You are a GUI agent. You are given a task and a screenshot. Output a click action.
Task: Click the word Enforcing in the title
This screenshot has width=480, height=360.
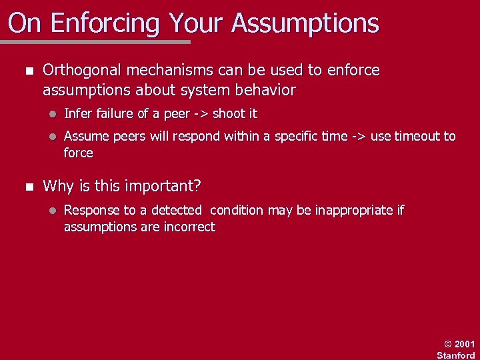coord(106,23)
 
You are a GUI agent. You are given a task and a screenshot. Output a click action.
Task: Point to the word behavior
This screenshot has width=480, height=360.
coord(263,89)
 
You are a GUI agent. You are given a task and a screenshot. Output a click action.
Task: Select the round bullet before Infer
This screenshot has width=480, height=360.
coord(51,114)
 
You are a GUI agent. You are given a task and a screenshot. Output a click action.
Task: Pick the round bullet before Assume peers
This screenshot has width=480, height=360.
coord(51,137)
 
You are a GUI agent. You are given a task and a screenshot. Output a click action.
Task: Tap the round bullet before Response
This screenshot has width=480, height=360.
coord(51,211)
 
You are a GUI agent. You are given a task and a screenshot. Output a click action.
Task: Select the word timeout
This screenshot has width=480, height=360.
coord(417,137)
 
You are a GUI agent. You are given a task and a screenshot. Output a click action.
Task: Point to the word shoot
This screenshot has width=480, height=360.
coord(228,114)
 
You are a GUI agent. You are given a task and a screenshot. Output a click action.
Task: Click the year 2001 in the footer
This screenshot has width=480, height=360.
coord(464,344)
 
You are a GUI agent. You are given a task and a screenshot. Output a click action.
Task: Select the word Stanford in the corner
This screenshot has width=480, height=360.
coord(457,355)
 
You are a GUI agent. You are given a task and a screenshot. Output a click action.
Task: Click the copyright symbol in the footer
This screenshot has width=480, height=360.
coord(448,344)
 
